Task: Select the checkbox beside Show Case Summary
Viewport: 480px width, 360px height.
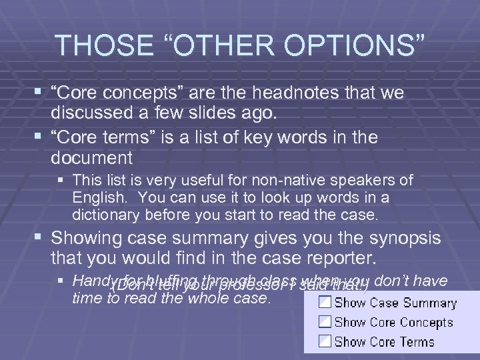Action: click(x=323, y=303)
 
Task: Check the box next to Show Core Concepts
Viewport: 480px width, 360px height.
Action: click(x=323, y=322)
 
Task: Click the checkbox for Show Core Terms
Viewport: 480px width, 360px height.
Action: click(x=323, y=341)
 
